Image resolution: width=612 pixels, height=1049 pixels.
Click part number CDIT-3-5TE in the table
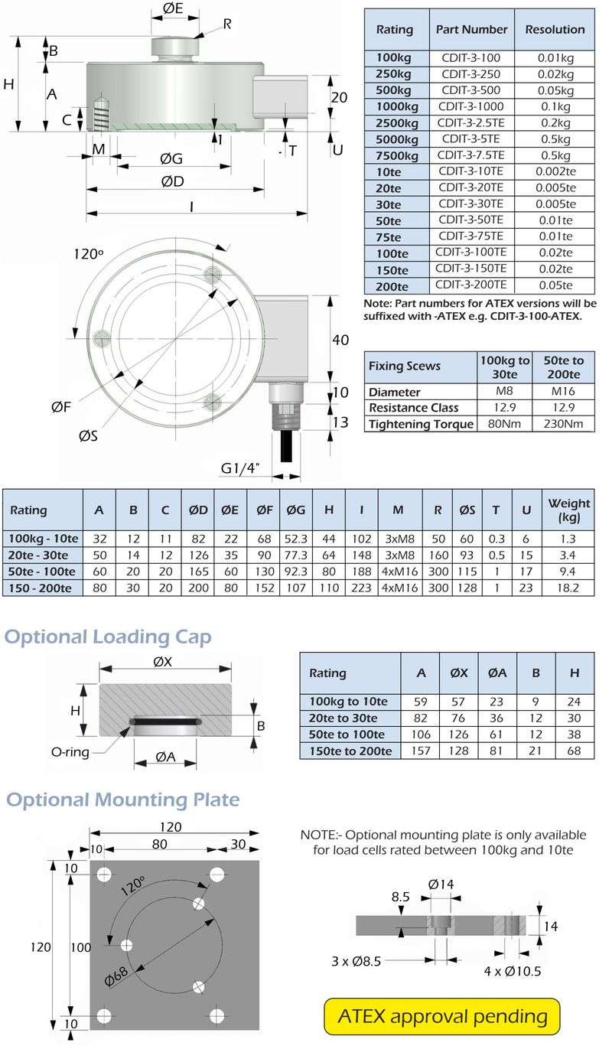click(470, 138)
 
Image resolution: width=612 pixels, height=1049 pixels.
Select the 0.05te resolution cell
click(555, 285)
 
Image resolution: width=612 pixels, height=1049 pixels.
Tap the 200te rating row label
click(393, 286)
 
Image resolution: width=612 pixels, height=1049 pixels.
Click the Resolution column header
click(555, 29)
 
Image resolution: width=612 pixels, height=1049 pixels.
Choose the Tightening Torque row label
click(420, 424)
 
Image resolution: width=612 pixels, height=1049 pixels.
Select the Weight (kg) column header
click(568, 510)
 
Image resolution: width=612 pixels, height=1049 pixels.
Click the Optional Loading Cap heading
click(108, 637)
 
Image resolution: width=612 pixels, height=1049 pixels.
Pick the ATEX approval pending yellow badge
click(442, 1016)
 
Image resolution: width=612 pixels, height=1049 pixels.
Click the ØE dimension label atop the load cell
click(173, 10)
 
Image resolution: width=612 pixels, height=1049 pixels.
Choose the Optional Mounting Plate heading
click(123, 800)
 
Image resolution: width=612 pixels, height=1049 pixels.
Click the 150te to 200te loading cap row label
click(350, 751)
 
